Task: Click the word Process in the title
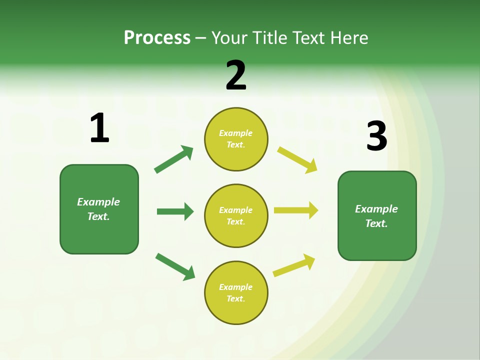pyautogui.click(x=157, y=38)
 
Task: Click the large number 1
pyautogui.click(x=99, y=128)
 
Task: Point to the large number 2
pyautogui.click(x=236, y=76)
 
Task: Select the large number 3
pyautogui.click(x=377, y=136)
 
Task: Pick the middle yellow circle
pyautogui.click(x=236, y=230)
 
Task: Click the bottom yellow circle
pyautogui.click(x=236, y=310)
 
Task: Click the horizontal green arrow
pyautogui.click(x=175, y=211)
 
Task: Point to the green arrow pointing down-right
pyautogui.click(x=175, y=266)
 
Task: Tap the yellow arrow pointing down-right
pyautogui.click(x=297, y=159)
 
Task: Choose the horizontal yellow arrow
pyautogui.click(x=296, y=210)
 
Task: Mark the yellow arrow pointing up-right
pyautogui.click(x=294, y=265)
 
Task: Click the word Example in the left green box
pyautogui.click(x=98, y=202)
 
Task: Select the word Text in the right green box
pyautogui.click(x=376, y=223)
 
